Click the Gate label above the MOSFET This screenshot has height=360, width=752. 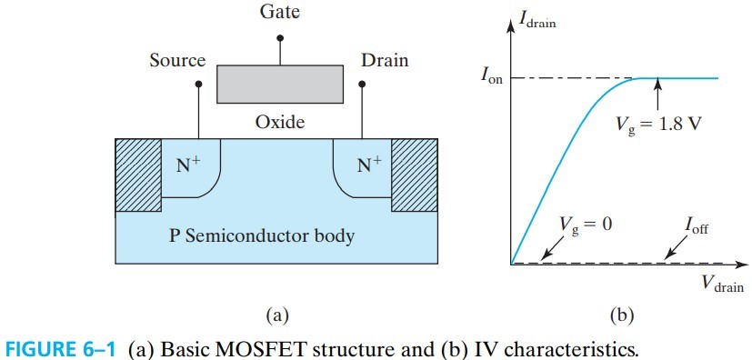tap(279, 15)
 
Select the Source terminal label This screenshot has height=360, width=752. tap(177, 61)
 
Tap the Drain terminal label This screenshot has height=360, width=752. tap(385, 61)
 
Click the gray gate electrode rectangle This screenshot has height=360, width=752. tap(279, 83)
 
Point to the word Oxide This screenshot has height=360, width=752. tap(279, 122)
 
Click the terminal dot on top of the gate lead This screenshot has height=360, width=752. tap(279, 38)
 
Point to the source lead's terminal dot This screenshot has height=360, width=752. tap(198, 85)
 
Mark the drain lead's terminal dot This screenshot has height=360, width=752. tap(362, 85)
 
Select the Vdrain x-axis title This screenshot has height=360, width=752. tap(722, 285)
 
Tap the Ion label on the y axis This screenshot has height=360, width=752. tap(492, 77)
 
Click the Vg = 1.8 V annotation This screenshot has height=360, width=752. tap(654, 122)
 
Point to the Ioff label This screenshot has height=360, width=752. tap(695, 225)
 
